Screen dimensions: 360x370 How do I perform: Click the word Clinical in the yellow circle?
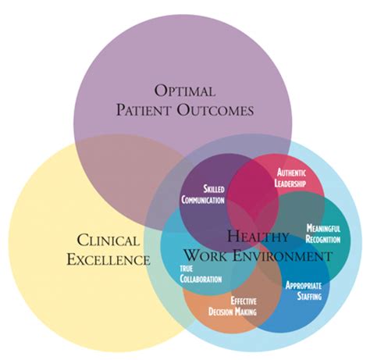[108, 240]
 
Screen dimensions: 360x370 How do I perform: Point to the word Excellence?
[109, 258]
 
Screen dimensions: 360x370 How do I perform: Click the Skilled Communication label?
[203, 194]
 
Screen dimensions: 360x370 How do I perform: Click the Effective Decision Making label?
[232, 306]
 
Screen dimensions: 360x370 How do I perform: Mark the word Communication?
[203, 200]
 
